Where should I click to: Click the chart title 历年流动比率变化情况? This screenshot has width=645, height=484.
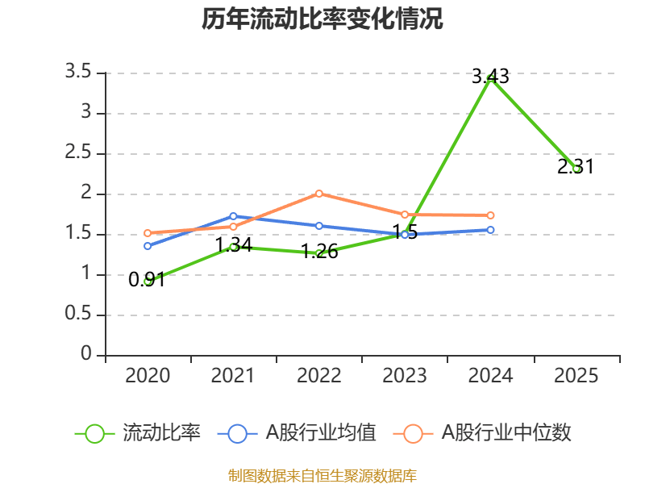pyautogui.click(x=322, y=19)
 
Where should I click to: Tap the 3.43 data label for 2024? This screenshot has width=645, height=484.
pyautogui.click(x=490, y=77)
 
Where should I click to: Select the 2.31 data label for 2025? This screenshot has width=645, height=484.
pyautogui.click(x=576, y=167)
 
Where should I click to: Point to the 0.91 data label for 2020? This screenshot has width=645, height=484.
pyautogui.click(x=147, y=280)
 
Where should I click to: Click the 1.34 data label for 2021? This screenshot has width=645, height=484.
pyautogui.click(x=233, y=244)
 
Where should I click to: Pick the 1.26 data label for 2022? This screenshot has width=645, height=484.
pyautogui.click(x=319, y=251)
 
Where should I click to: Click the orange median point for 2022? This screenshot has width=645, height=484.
pyautogui.click(x=319, y=194)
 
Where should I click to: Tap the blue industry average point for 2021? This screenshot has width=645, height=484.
pyautogui.click(x=233, y=216)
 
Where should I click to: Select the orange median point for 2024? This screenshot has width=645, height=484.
pyautogui.click(x=490, y=215)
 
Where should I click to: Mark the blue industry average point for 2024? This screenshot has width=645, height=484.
pyautogui.click(x=490, y=230)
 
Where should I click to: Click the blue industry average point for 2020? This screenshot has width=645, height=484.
pyautogui.click(x=148, y=245)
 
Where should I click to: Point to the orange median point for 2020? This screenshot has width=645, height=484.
pyautogui.click(x=148, y=233)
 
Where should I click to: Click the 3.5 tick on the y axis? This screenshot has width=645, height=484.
pyautogui.click(x=79, y=73)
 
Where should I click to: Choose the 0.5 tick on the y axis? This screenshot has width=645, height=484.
pyautogui.click(x=79, y=315)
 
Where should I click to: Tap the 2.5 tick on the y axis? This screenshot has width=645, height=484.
pyautogui.click(x=79, y=153)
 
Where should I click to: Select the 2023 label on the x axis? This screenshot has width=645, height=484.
pyautogui.click(x=405, y=376)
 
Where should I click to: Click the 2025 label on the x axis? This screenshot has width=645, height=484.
pyautogui.click(x=576, y=376)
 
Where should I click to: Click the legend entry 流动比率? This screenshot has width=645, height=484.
pyautogui.click(x=160, y=433)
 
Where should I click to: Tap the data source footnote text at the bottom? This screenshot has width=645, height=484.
pyautogui.click(x=322, y=475)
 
